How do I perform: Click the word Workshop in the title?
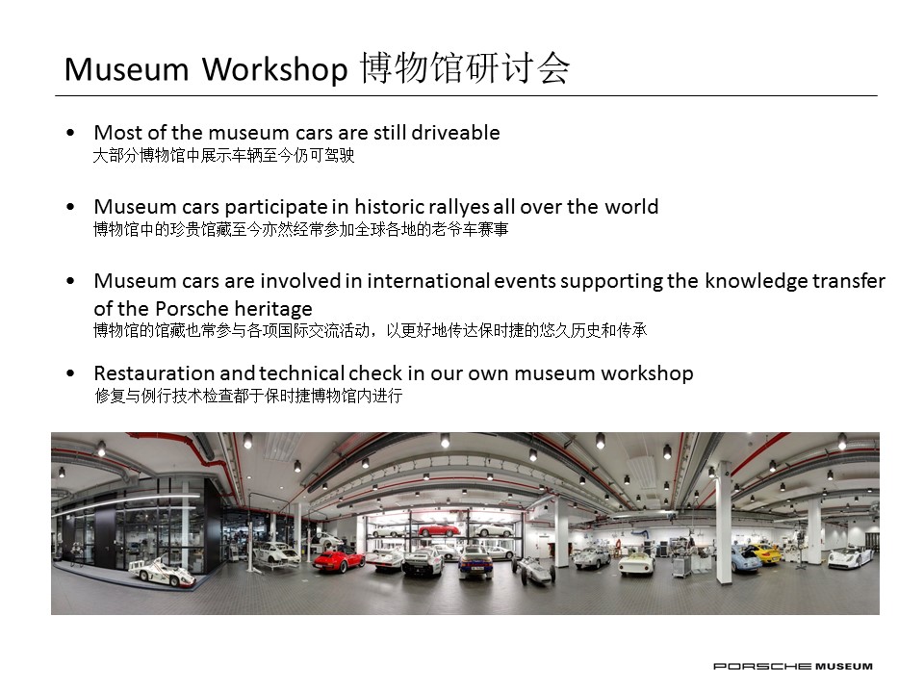coord(275,70)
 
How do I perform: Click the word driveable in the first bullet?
coord(455,132)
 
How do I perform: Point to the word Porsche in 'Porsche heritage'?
coord(183,308)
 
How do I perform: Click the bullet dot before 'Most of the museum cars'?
coord(71,133)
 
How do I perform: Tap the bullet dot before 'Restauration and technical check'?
coord(71,373)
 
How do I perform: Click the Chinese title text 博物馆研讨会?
coord(465,67)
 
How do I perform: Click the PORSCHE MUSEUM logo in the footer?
coord(792,666)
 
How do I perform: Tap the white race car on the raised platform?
coord(162,571)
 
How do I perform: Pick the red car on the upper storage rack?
coord(439,529)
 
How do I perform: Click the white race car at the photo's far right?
coord(851,556)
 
